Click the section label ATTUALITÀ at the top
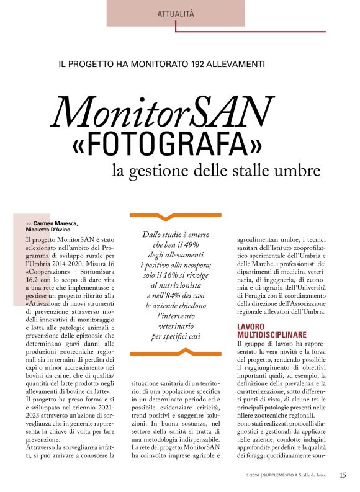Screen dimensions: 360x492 tap(176, 12)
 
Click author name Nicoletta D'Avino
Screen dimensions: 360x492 tap(52, 229)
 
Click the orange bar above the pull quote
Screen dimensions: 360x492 tap(176, 215)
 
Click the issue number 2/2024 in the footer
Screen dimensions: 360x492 tap(252, 475)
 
